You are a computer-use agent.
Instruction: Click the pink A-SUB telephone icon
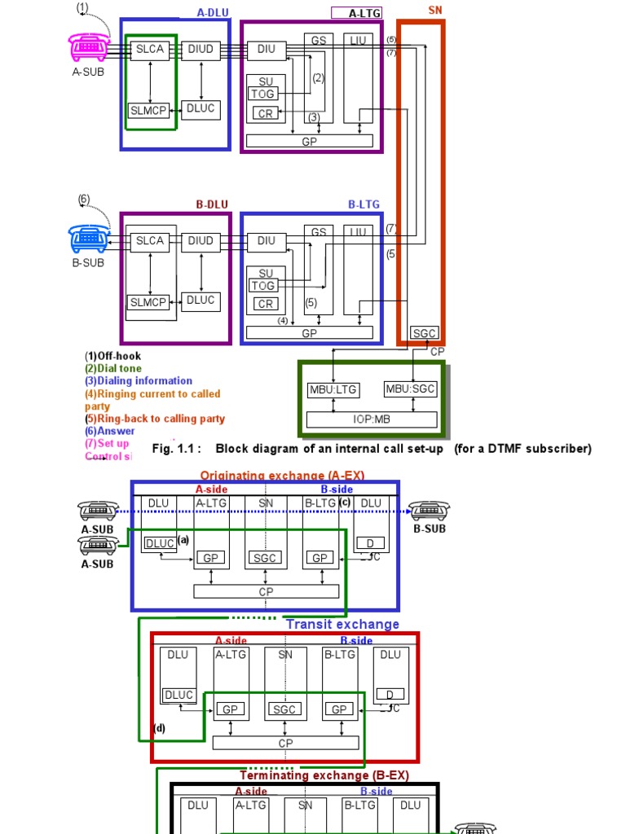[x=87, y=47]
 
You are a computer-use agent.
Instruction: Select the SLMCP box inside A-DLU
[x=148, y=110]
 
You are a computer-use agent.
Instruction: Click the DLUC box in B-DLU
[x=201, y=301]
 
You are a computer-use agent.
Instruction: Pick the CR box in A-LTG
[x=267, y=114]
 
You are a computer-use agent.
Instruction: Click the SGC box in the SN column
[x=424, y=333]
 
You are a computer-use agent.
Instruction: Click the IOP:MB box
[x=372, y=420]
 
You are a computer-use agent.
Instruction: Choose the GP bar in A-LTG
[x=309, y=141]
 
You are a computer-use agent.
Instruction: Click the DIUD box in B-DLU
[x=201, y=241]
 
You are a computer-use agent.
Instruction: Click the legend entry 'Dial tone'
[x=119, y=368]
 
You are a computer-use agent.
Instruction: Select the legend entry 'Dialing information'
[x=139, y=380]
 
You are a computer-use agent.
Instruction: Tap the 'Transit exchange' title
[x=342, y=624]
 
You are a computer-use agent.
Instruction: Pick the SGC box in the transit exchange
[x=285, y=710]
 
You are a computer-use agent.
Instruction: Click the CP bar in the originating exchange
[x=267, y=591]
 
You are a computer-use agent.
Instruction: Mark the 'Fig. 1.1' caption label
[x=176, y=449]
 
